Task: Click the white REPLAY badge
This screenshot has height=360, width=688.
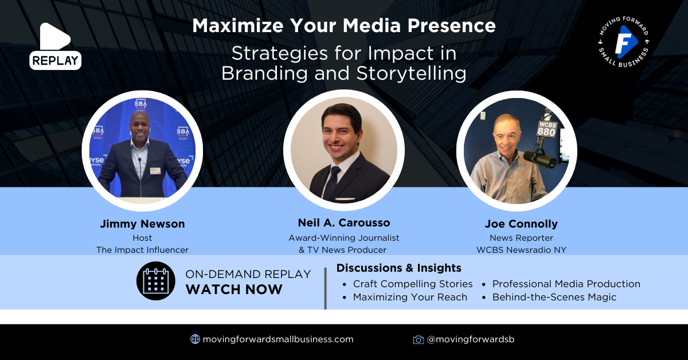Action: coord(55,61)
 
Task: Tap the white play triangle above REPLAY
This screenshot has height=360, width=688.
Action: coord(54,36)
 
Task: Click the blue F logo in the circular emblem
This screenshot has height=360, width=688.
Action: coord(625,42)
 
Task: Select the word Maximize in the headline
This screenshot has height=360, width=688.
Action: coord(238,25)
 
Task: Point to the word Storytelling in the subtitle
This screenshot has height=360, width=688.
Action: coord(411,74)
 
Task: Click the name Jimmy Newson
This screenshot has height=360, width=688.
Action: coord(143,224)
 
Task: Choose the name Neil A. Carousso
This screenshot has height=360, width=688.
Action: coord(344,222)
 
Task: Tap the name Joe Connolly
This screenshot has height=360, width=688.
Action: coord(521,224)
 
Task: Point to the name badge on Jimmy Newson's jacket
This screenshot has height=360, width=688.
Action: coord(155,170)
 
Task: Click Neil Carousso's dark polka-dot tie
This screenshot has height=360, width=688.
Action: coord(332,183)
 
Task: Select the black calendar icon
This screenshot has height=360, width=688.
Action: coord(156,281)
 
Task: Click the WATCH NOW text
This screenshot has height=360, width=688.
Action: coord(234,289)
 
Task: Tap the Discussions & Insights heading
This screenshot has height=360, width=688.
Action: coord(398,268)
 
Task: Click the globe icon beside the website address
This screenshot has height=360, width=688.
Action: coord(196,339)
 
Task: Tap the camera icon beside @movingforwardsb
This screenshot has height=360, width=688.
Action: coord(419,339)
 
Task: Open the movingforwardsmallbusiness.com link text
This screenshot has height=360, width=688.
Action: coord(278,339)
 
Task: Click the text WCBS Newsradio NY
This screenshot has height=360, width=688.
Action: coord(521,250)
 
